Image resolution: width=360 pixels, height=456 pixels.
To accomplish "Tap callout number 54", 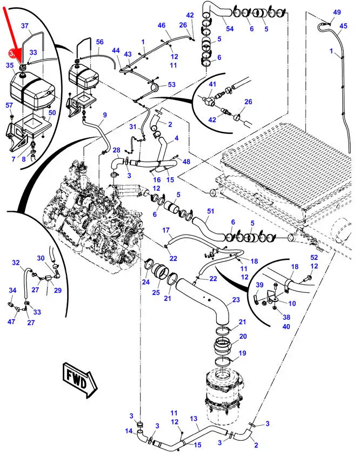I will (x=229, y=29).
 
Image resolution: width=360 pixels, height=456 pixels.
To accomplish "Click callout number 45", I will (x=344, y=25).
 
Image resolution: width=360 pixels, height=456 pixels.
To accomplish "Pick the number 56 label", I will (x=99, y=42).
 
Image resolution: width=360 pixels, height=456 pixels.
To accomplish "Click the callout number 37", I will (x=25, y=25).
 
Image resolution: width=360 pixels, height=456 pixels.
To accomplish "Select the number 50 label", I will (x=52, y=112).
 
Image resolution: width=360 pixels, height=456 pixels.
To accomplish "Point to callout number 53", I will (x=171, y=85).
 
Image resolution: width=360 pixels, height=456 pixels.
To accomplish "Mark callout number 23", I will (x=236, y=300).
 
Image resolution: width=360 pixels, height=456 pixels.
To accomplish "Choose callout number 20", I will (x=243, y=336).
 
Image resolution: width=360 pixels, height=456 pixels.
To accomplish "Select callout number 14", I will (x=129, y=431).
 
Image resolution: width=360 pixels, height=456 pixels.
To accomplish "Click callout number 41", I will (x=212, y=85).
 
